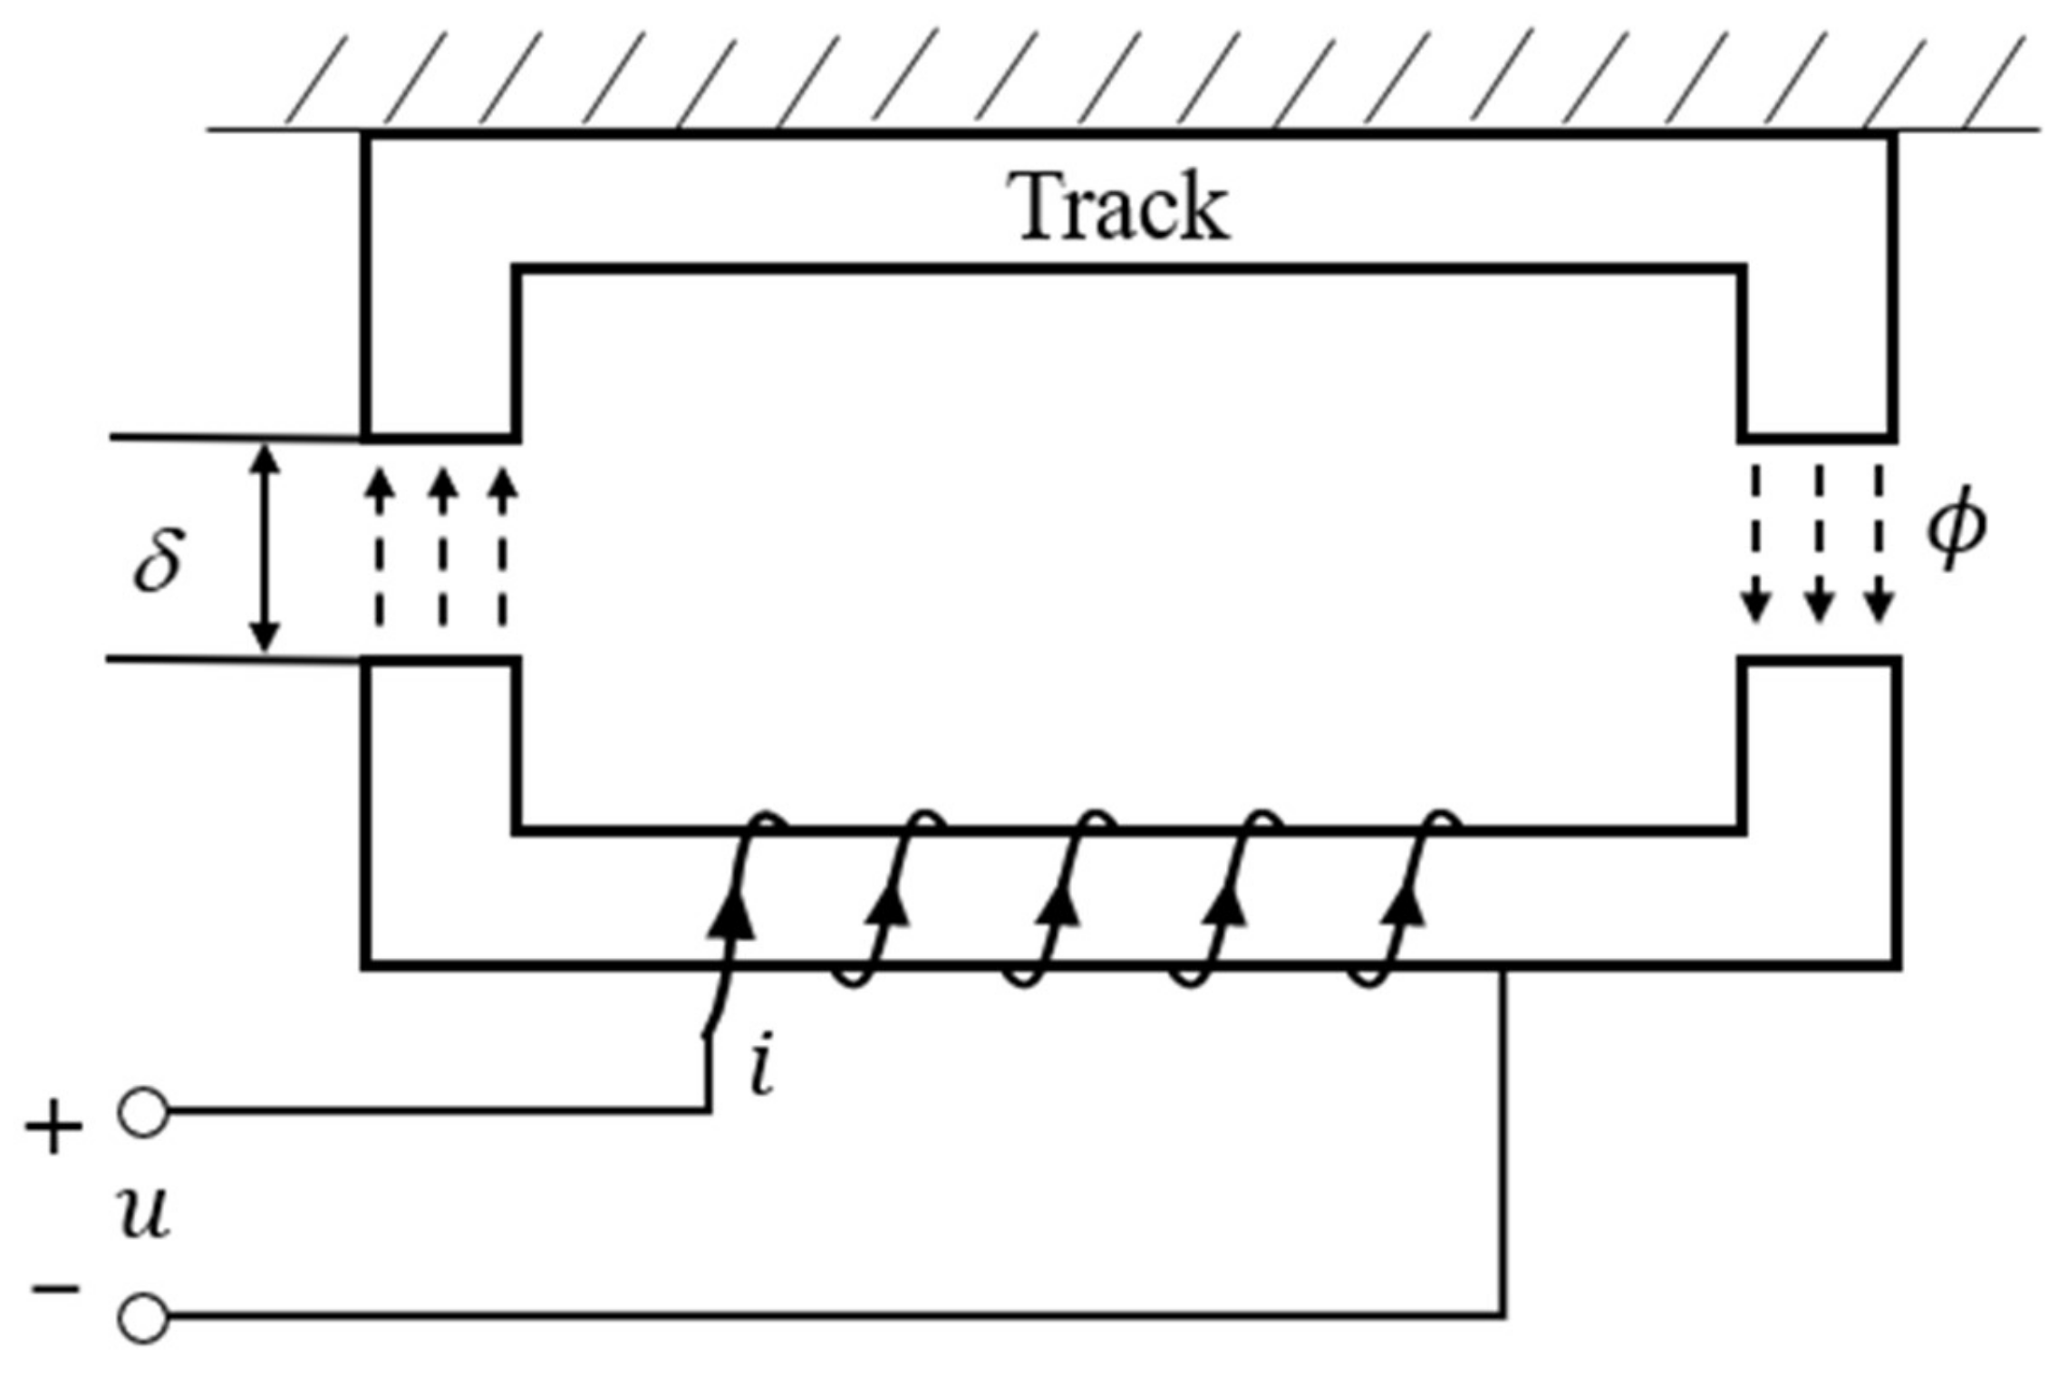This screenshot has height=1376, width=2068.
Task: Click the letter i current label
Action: tap(763, 1070)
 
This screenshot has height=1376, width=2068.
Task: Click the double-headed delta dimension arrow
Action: tap(265, 548)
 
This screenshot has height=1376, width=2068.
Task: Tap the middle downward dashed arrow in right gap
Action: tap(1819, 544)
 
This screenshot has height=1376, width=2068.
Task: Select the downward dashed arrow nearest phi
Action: tap(1880, 544)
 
